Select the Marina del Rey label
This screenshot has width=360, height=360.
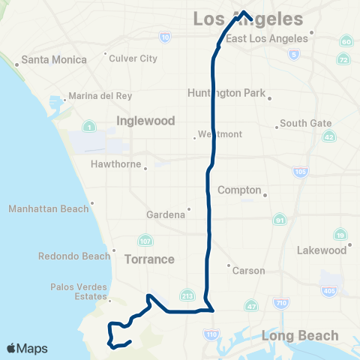(x=100, y=96)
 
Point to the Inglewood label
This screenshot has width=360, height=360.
(x=145, y=121)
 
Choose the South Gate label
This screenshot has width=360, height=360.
(x=304, y=123)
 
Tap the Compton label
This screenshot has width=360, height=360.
(x=239, y=190)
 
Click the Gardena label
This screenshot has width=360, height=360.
(x=165, y=214)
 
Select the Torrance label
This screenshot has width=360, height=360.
(x=149, y=259)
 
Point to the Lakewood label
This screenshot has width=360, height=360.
(x=321, y=250)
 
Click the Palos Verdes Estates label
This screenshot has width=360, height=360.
(x=75, y=291)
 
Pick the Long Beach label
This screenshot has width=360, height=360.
(x=299, y=336)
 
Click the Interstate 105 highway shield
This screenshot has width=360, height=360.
(x=301, y=172)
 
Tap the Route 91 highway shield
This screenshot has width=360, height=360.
(x=280, y=220)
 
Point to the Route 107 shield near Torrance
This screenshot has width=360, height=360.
(x=144, y=241)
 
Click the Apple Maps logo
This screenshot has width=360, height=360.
(x=27, y=348)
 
